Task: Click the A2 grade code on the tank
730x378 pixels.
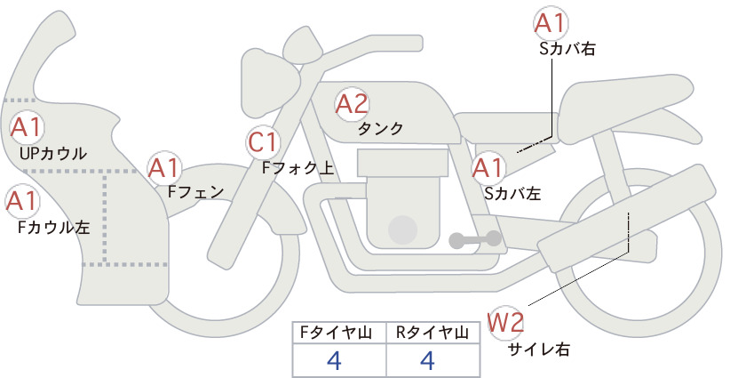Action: (352, 104)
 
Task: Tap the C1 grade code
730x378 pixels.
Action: (263, 143)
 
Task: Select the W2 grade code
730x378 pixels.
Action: (505, 322)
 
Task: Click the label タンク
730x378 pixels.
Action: (380, 128)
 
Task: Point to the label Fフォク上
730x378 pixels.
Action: (298, 168)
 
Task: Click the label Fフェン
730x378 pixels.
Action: (195, 191)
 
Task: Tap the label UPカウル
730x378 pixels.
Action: (53, 153)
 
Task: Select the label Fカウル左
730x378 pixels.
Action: (53, 227)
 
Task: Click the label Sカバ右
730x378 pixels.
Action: (567, 49)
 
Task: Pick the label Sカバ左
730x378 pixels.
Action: (512, 193)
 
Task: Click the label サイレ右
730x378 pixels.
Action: (539, 350)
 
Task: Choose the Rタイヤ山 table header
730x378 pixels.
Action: (432, 333)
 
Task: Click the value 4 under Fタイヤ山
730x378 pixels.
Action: (335, 360)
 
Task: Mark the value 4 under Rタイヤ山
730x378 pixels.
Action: (427, 360)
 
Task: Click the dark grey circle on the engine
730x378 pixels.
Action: (402, 229)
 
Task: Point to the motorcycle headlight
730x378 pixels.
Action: (270, 84)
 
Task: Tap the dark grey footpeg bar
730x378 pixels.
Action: (475, 239)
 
